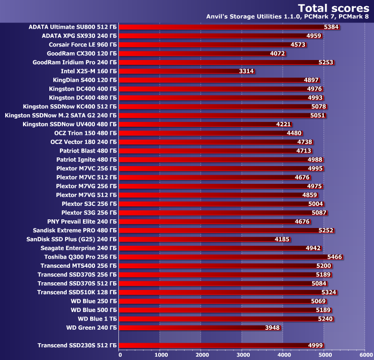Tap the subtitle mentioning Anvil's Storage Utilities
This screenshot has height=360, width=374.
pos(287,17)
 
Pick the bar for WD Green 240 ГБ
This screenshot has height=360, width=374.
pos(199,328)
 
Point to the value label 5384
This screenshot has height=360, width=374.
pos(331,27)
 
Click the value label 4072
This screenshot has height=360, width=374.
pos(278,53)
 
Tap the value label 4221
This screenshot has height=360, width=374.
pos(284,124)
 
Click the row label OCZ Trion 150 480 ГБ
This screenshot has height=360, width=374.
pos(84,133)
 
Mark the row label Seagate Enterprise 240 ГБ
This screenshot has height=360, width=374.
pos(78,248)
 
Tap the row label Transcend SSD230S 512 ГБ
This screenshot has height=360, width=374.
pos(77,346)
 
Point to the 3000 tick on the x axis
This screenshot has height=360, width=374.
pos(243,355)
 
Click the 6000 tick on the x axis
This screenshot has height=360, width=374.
pos(365,355)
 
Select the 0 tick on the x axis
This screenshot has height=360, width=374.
pos(120,355)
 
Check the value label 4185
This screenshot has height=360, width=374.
pos(282,239)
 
